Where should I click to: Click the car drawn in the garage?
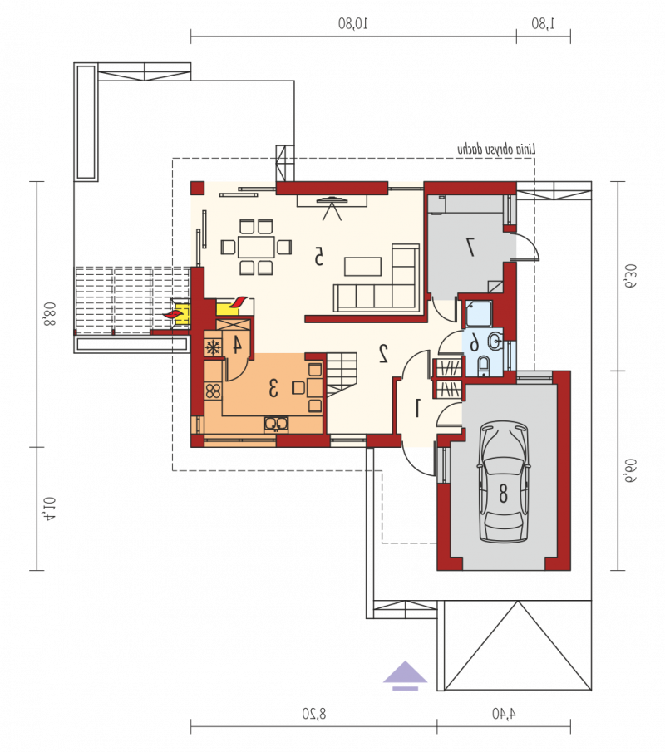(504, 482)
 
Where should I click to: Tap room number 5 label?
(318, 256)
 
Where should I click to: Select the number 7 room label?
(470, 247)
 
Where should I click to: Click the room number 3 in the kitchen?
(273, 388)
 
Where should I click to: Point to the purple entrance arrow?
(405, 676)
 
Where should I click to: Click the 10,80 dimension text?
(353, 23)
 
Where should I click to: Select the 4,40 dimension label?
(504, 714)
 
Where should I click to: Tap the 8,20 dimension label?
(313, 714)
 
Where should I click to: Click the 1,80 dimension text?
(543, 23)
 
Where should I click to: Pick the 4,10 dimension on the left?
(50, 509)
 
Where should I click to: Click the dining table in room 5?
(257, 247)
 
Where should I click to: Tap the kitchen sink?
(276, 424)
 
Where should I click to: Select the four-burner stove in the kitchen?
(213, 391)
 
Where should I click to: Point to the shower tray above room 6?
(478, 314)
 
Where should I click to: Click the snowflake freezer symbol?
(213, 347)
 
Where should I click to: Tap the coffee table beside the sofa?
(363, 267)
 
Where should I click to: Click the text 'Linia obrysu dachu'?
(496, 149)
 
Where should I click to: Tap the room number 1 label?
(418, 408)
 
